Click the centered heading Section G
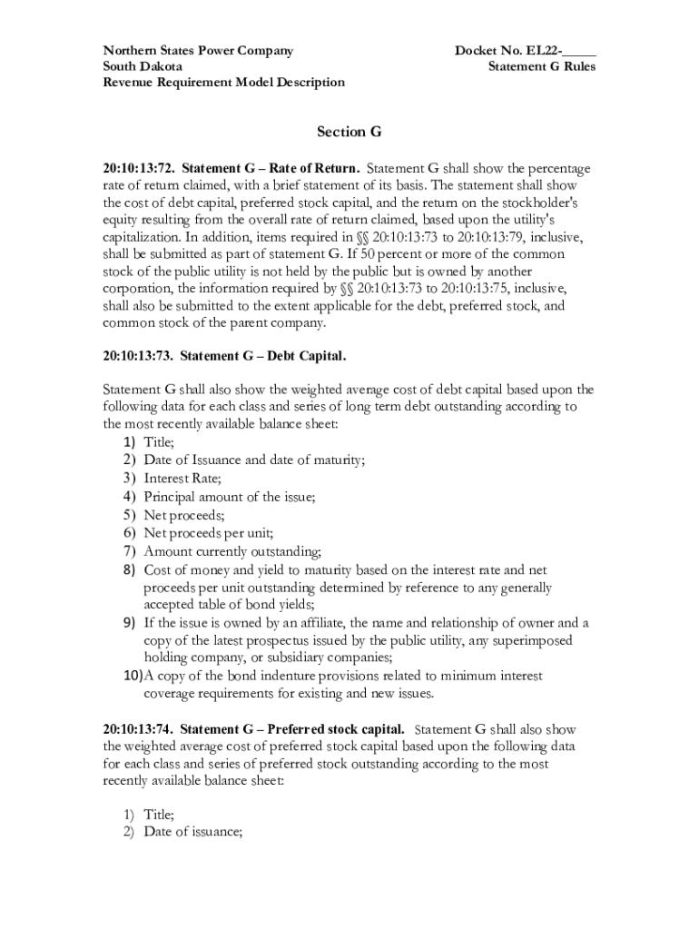[x=349, y=133]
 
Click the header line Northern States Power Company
[x=197, y=51]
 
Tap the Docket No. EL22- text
[x=510, y=51]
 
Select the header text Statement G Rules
[x=541, y=66]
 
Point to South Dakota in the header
[x=143, y=66]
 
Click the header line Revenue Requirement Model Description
[x=223, y=82]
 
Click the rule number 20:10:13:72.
[x=139, y=169]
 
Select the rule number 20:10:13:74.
[x=139, y=728]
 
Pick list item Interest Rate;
[x=182, y=478]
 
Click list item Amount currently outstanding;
[x=232, y=551]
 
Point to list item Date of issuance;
[x=192, y=831]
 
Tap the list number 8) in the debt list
[x=129, y=569]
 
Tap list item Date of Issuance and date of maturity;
[x=254, y=460]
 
